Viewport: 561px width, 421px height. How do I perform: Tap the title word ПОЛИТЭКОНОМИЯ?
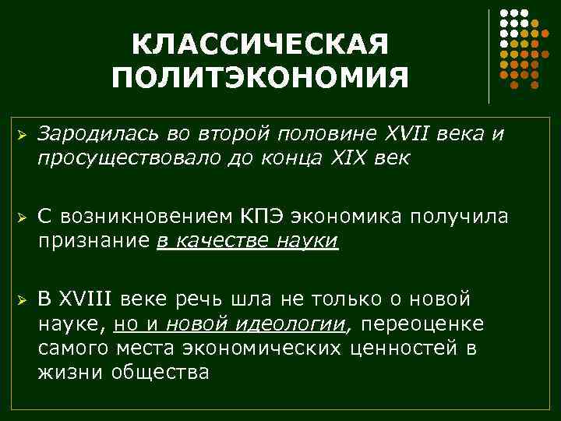pos(259,77)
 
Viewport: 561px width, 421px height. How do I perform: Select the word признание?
pos(94,240)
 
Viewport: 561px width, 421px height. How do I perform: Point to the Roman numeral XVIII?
pos(86,299)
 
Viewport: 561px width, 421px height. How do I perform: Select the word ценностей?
pos(402,347)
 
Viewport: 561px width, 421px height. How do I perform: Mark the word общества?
pos(161,371)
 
